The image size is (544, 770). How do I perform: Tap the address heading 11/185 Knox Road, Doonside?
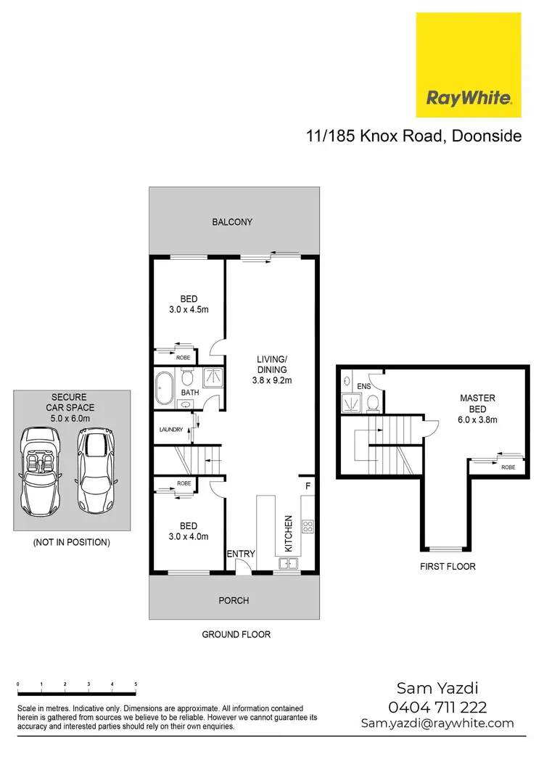[413, 136]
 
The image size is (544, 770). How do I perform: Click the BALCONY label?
[232, 222]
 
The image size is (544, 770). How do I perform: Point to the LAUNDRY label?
[170, 430]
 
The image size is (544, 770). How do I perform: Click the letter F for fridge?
[308, 486]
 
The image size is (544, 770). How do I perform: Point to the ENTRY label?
[241, 554]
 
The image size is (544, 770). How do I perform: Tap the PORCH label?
[234, 600]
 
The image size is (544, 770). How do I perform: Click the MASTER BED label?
[477, 404]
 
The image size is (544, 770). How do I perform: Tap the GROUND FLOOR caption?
[236, 634]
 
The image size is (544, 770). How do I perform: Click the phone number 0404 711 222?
[438, 707]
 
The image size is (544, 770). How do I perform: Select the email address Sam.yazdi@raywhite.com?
[437, 724]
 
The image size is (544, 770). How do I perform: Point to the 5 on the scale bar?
[136, 685]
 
